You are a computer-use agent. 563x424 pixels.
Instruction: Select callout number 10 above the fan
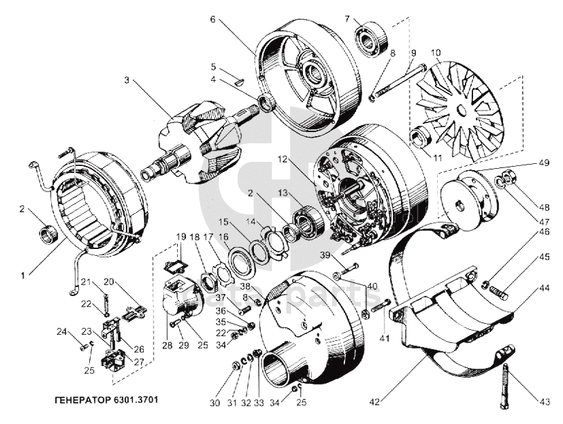pyautogui.click(x=435, y=53)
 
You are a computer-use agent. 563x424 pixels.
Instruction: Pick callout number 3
pyautogui.click(x=127, y=80)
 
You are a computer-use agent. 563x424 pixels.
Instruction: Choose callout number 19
pyautogui.click(x=181, y=236)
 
